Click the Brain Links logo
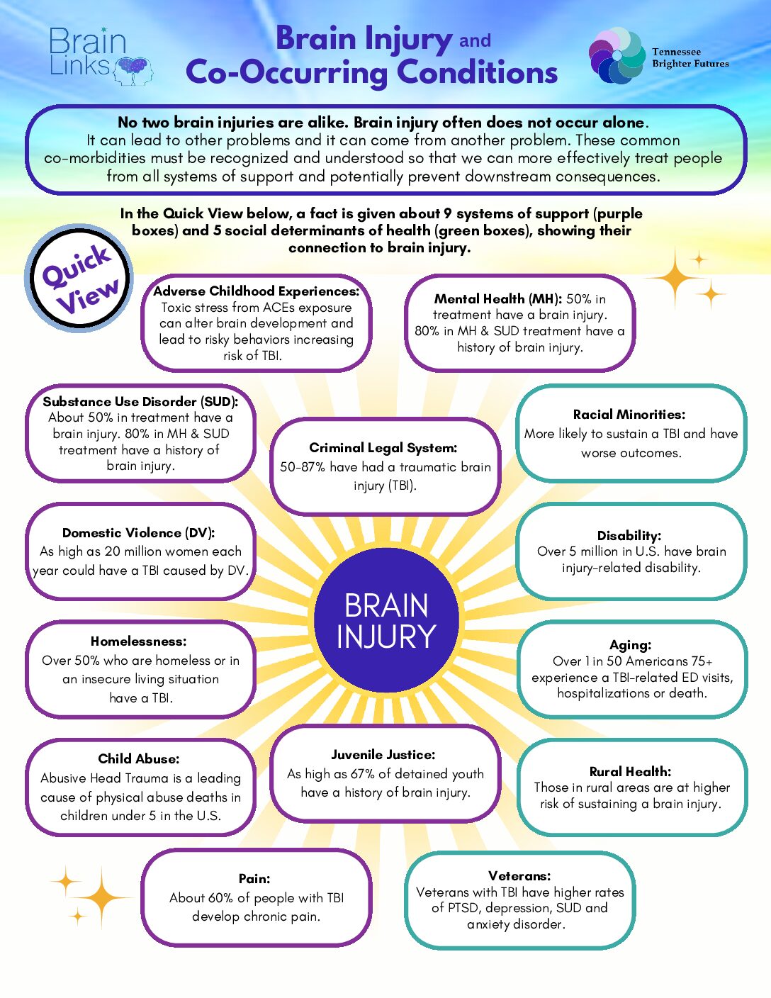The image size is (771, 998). (99, 55)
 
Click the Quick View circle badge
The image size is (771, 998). (79, 279)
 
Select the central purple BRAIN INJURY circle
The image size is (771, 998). (386, 621)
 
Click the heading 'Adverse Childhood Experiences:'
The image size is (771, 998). (257, 291)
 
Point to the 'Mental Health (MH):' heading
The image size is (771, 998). (497, 299)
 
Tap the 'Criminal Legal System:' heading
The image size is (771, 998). (383, 448)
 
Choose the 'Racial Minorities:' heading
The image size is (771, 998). (629, 415)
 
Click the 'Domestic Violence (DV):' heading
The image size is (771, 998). (138, 533)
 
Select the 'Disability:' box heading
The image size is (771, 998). (629, 536)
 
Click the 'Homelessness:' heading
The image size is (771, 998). (139, 641)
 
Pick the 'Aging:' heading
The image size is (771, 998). (630, 645)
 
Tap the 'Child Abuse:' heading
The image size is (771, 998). (139, 759)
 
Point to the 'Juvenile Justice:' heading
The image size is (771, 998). (383, 755)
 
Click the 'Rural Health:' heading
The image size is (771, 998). (630, 772)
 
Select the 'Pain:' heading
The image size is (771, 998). (254, 879)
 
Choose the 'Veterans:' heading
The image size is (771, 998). (519, 876)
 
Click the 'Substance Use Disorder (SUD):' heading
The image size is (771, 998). (140, 402)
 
